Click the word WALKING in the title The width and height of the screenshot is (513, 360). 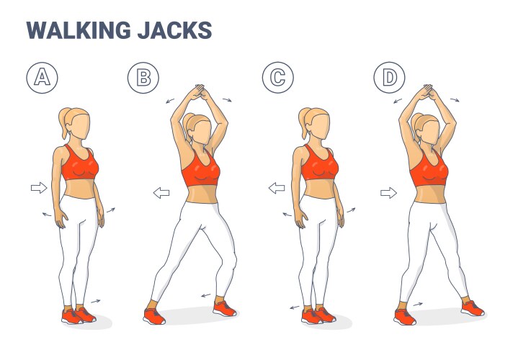tap(79, 30)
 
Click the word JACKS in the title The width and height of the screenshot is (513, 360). tap(174, 30)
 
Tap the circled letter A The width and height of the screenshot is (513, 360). tap(42, 78)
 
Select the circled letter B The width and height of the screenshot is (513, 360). tap(143, 78)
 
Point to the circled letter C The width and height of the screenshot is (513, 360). tap(278, 78)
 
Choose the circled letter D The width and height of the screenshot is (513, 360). tap(389, 78)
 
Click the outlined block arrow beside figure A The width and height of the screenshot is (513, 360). tap(39, 188)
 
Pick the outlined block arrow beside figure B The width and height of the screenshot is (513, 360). tap(161, 193)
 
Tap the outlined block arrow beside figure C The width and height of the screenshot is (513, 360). tap(277, 188)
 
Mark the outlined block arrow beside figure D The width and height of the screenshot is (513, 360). tap(388, 193)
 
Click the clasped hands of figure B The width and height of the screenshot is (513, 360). tap(199, 91)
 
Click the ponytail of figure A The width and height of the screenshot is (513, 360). tap(64, 122)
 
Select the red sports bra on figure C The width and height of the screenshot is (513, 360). tap(318, 163)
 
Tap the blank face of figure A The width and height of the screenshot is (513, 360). tap(81, 127)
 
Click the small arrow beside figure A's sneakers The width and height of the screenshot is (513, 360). tap(96, 301)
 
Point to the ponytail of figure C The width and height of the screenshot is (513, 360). tap(304, 122)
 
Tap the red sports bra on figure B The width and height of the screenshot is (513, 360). tap(200, 169)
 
